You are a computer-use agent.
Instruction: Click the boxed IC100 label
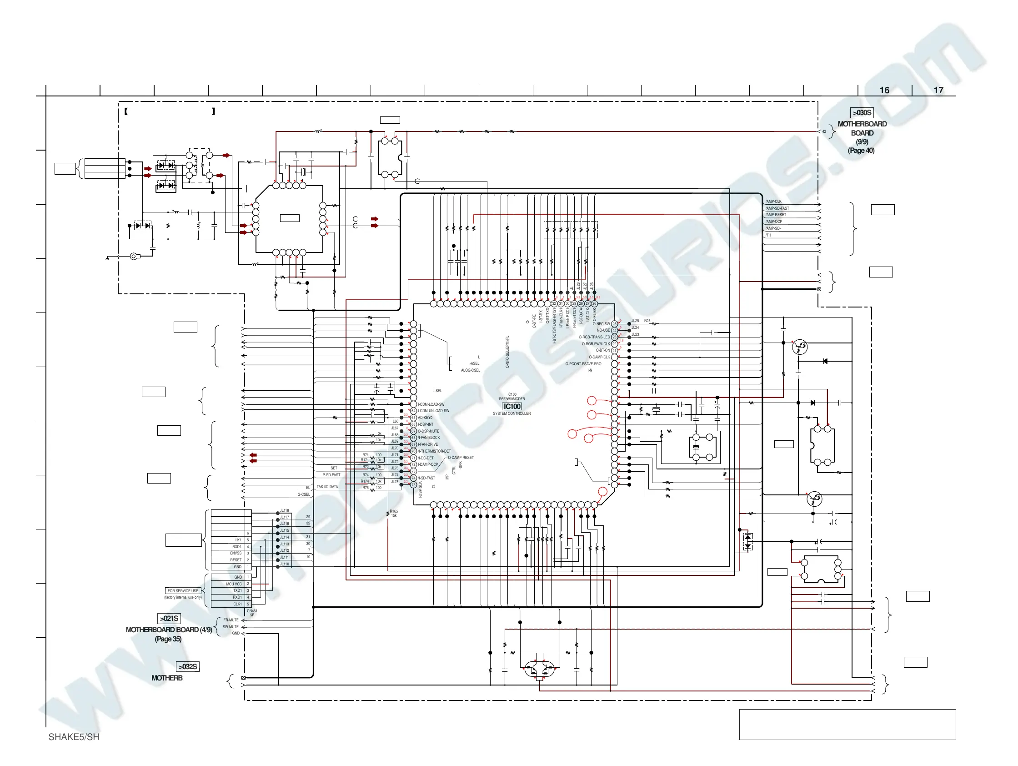512,407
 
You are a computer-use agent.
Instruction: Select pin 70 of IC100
413,452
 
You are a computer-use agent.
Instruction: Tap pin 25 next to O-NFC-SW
614,324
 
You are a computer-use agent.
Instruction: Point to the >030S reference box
862,113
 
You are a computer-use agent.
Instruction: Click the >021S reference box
169,619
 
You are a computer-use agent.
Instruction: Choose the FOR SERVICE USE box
183,590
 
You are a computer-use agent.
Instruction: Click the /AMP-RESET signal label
776,215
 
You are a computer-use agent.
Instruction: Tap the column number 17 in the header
938,90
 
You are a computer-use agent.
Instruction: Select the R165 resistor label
394,511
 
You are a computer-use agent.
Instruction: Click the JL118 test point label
285,510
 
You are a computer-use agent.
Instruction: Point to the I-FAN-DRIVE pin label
428,445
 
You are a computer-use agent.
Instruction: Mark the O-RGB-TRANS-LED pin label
594,337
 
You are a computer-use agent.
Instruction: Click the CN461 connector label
252,611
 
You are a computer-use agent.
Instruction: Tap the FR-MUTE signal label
231,620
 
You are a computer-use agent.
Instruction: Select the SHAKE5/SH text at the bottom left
74,737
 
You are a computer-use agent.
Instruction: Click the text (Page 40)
861,151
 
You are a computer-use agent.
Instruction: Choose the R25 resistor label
647,321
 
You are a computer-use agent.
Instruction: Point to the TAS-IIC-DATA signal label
327,487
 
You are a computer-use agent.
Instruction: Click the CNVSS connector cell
236,553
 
